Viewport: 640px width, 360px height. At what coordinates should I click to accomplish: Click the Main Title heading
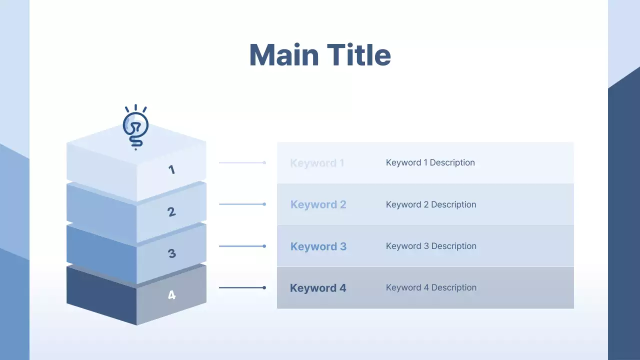pyautogui.click(x=320, y=54)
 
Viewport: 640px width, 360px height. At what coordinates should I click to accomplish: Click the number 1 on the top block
pyautogui.click(x=171, y=169)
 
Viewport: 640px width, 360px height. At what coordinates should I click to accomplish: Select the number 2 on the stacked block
pyautogui.click(x=171, y=212)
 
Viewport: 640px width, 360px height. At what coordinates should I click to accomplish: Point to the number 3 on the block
pyautogui.click(x=171, y=253)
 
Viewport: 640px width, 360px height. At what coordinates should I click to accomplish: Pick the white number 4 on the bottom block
pyautogui.click(x=171, y=295)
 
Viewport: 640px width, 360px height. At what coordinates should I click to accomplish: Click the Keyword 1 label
pyautogui.click(x=317, y=163)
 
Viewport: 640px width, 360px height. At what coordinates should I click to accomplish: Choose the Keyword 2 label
pyautogui.click(x=318, y=204)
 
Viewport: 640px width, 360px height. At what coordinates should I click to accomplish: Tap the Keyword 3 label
pyautogui.click(x=318, y=246)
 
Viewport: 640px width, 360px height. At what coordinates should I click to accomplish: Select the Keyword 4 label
pyautogui.click(x=318, y=288)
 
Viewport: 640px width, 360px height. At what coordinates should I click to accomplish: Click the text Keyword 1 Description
pyautogui.click(x=430, y=162)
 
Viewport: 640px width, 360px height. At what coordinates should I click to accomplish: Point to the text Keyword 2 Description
pyautogui.click(x=430, y=204)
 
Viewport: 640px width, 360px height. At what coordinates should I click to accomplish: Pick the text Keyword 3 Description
pyautogui.click(x=430, y=246)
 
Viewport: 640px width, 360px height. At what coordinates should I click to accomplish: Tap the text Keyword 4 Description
pyautogui.click(x=430, y=287)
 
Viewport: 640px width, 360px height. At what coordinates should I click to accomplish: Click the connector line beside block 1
pyautogui.click(x=242, y=162)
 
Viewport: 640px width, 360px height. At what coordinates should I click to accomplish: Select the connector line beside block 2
pyautogui.click(x=242, y=204)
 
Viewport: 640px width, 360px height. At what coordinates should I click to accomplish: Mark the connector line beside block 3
pyautogui.click(x=242, y=246)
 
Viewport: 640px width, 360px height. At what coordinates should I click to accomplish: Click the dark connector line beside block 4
pyautogui.click(x=242, y=287)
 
